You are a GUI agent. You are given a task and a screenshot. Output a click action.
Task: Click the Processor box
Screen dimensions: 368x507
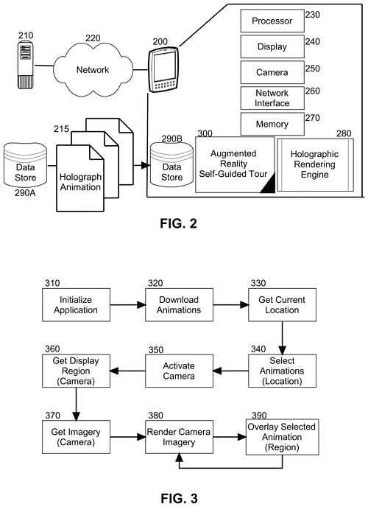272,21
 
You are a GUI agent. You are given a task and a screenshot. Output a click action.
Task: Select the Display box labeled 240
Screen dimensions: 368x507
272,46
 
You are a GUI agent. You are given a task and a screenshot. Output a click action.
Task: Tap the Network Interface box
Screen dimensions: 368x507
272,98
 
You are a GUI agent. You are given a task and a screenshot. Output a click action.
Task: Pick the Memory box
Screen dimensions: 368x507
272,124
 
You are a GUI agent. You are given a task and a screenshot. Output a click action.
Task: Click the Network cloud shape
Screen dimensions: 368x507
93,69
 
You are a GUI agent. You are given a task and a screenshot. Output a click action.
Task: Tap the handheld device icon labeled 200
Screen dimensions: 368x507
163,69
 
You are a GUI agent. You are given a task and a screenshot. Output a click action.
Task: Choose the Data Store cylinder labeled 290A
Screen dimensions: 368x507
25,165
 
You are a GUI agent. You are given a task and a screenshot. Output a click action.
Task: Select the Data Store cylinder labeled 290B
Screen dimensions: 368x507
171,164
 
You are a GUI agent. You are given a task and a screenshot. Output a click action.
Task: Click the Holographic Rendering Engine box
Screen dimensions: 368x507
315,165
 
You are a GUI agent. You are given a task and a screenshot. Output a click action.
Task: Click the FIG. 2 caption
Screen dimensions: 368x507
178,224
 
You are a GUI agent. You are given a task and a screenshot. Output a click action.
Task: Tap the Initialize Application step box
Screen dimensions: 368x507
76,305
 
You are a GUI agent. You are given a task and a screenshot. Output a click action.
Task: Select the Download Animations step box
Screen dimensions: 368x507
179,305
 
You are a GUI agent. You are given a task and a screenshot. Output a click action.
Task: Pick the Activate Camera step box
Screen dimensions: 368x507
179,371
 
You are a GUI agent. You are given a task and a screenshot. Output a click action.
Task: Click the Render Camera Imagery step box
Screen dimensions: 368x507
179,437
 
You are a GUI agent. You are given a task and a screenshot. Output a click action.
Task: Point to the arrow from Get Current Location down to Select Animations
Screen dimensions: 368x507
282,338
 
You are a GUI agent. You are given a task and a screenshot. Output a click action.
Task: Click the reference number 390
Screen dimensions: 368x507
259,415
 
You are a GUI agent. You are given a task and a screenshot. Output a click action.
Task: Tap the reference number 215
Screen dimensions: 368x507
61,129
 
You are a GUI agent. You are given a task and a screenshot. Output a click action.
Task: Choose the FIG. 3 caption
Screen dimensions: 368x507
179,498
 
